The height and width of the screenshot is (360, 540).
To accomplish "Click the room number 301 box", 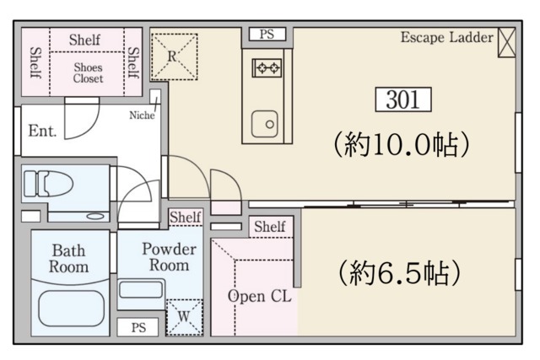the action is (x=403, y=99).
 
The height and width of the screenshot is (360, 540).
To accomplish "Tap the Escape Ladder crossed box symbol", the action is (x=506, y=42).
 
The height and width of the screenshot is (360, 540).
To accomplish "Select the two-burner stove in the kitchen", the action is (x=267, y=67).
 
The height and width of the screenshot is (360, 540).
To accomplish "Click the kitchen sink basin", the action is (x=264, y=124).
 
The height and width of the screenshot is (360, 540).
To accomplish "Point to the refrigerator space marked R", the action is (x=175, y=56).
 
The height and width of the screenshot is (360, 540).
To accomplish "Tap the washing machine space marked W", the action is (x=184, y=317).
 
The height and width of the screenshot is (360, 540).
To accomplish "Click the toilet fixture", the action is (x=48, y=184).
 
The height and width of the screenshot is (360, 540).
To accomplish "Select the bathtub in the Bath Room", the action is (x=71, y=309).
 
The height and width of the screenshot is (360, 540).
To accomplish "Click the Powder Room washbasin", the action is (x=141, y=289).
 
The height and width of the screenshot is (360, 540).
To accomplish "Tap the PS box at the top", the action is (x=267, y=34).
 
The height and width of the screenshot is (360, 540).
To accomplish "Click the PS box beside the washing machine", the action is (x=138, y=327).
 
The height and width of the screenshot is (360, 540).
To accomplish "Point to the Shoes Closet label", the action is (x=88, y=73).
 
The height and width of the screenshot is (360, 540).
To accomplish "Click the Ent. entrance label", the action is (x=42, y=131).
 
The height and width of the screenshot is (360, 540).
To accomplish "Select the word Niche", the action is (x=142, y=115).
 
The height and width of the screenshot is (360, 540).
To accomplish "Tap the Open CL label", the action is (x=260, y=296).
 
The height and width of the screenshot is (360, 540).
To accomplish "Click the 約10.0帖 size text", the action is (x=402, y=144).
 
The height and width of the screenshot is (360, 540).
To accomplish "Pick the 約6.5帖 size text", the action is (x=399, y=272).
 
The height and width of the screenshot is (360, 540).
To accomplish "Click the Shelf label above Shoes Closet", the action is (x=84, y=40).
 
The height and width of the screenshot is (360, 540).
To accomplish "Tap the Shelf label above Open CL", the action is (x=270, y=227).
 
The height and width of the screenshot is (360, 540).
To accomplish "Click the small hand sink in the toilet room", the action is (x=95, y=217).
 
